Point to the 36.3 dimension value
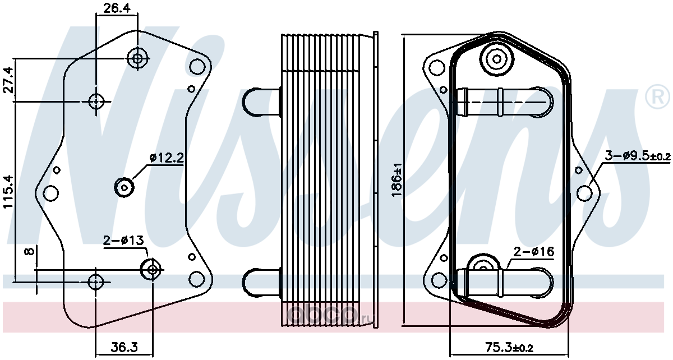(x=124, y=347)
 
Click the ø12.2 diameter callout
(x=167, y=158)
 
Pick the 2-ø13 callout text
(x=123, y=241)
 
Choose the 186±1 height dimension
(x=397, y=180)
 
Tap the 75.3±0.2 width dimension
(x=509, y=348)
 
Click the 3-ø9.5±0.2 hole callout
(x=638, y=156)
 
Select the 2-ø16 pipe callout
(x=533, y=252)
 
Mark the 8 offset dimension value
(x=30, y=251)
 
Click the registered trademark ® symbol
(x=657, y=98)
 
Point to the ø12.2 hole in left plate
(x=124, y=188)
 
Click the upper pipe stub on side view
(x=261, y=102)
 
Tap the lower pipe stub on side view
(x=261, y=283)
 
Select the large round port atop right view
(x=497, y=59)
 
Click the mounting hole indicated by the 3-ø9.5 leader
(x=584, y=193)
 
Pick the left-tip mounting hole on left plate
(x=51, y=193)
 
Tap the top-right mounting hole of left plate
(x=197, y=67)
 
